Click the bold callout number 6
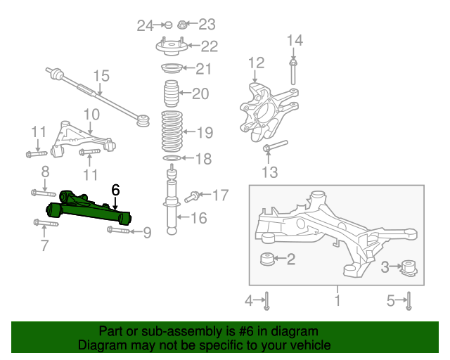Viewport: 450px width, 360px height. (115, 190)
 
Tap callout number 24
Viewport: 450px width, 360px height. (146, 26)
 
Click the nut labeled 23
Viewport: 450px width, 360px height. (181, 25)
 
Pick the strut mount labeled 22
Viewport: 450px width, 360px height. (172, 47)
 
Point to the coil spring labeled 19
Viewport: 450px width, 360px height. (172, 131)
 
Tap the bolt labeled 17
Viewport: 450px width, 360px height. (191, 197)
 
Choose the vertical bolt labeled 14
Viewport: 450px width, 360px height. (292, 71)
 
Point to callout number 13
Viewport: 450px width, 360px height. (269, 172)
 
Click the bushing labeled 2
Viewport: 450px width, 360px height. (267, 259)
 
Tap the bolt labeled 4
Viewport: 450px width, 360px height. (267, 300)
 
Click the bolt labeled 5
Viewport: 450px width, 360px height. (409, 300)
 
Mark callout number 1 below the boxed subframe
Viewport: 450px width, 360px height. (337, 300)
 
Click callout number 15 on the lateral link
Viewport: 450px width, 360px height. (101, 76)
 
